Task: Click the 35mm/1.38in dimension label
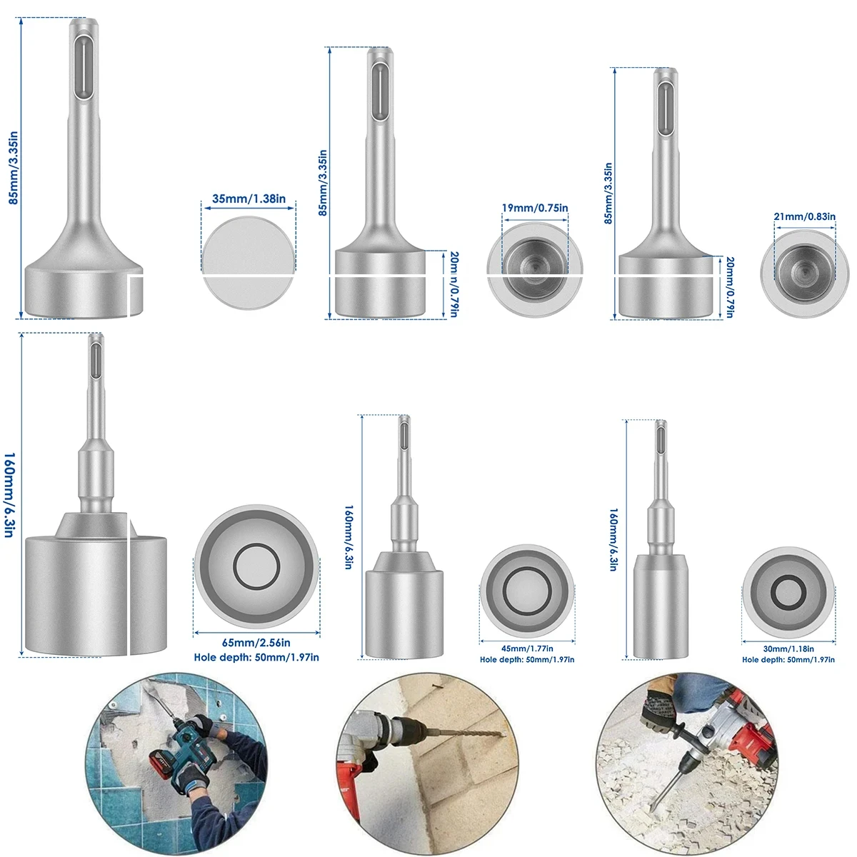[249, 199]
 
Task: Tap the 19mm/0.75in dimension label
[535, 209]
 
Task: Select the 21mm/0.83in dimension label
[804, 216]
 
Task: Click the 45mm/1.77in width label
[526, 648]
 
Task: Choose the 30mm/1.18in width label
[788, 648]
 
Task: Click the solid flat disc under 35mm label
[249, 262]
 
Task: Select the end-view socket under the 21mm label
[804, 269]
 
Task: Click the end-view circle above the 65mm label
[256, 566]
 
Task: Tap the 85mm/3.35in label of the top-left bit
[13, 169]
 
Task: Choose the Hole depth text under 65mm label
[256, 657]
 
